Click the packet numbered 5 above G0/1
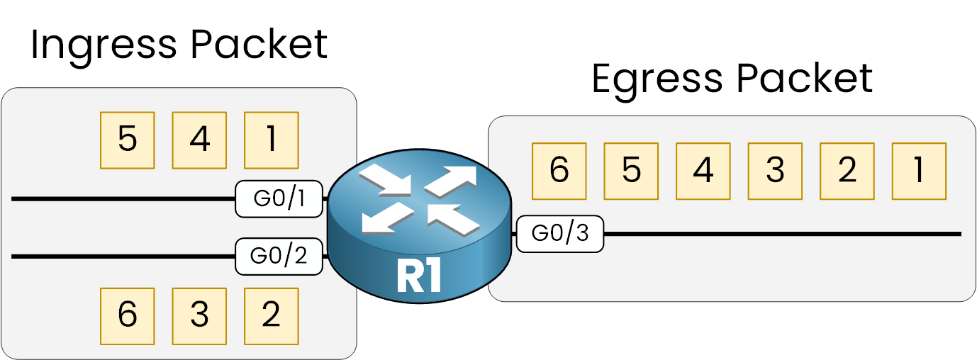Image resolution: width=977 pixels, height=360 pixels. click(128, 140)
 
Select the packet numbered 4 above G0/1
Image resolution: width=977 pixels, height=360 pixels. click(200, 140)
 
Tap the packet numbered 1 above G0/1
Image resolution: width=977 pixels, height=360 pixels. click(272, 140)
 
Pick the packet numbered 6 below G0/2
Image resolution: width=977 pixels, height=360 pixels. click(128, 315)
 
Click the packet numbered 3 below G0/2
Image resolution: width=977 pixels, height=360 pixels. click(200, 315)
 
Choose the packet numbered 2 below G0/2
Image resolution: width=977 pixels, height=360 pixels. click(272, 315)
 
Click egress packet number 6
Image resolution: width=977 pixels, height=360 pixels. click(559, 171)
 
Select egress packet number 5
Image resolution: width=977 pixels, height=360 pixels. click(631, 171)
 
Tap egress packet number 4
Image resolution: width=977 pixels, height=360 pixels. click(703, 171)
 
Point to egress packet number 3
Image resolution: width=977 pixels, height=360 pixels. click(775, 171)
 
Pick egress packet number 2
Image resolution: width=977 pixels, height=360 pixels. click(847, 171)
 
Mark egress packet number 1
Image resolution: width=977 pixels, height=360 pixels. click(919, 171)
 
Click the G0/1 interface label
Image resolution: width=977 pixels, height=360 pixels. click(279, 198)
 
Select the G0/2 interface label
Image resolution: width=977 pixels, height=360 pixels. click(279, 256)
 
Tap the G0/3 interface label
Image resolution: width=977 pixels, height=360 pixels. click(559, 233)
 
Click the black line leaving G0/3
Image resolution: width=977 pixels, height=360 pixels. click(780, 233)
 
